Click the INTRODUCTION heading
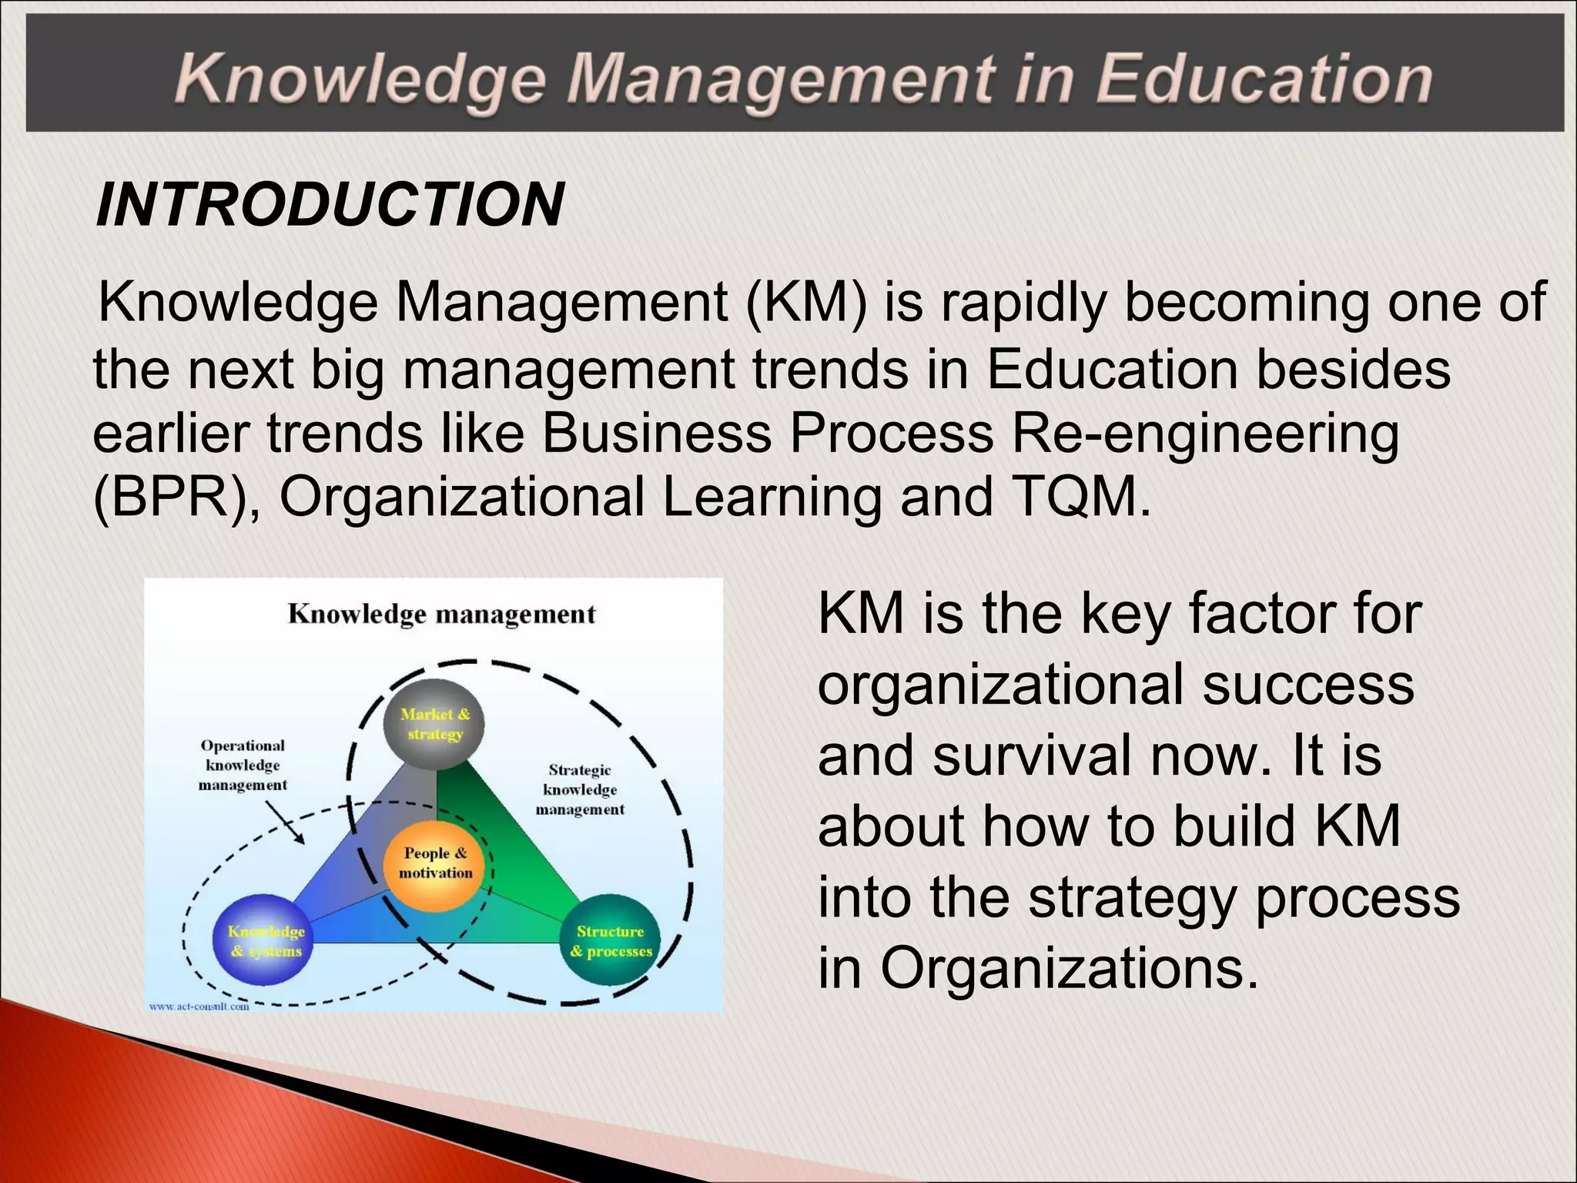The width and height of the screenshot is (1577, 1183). click(330, 205)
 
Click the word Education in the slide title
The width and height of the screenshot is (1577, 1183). click(1263, 79)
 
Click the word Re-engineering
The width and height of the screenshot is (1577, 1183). click(1205, 434)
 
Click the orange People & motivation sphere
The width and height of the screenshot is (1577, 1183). click(436, 863)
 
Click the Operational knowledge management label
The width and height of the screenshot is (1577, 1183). click(243, 766)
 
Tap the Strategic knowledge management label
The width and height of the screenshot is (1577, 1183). click(580, 789)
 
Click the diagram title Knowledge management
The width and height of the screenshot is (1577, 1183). click(441, 615)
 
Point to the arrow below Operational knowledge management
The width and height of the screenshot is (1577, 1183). click(284, 823)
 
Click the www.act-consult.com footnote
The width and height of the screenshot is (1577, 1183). click(199, 1007)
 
